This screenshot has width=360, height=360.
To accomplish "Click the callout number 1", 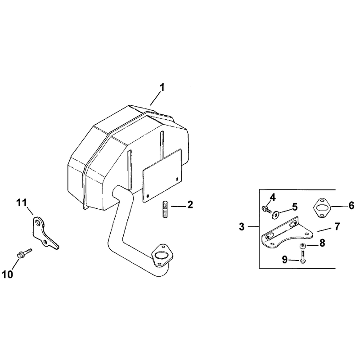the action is [162, 87].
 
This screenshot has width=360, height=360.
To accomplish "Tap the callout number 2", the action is [190, 205].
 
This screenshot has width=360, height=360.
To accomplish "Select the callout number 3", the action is [242, 227].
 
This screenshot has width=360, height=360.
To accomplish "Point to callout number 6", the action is [351, 206].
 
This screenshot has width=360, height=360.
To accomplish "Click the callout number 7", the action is [337, 227].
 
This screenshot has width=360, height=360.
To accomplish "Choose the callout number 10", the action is [8, 274].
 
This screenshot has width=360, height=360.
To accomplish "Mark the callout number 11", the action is [22, 203].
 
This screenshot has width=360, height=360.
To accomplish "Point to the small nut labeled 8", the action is [302, 246].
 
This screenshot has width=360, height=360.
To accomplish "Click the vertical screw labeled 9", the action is [302, 256].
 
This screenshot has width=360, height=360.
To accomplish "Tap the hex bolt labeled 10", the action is [25, 252].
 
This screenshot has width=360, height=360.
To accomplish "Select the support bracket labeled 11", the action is [45, 233].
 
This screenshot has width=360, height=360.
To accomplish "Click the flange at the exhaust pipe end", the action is [162, 255].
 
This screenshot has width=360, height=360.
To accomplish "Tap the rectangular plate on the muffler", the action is [162, 175].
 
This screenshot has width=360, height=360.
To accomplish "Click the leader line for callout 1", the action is [155, 98].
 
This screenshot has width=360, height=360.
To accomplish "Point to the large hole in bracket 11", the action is [38, 223].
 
